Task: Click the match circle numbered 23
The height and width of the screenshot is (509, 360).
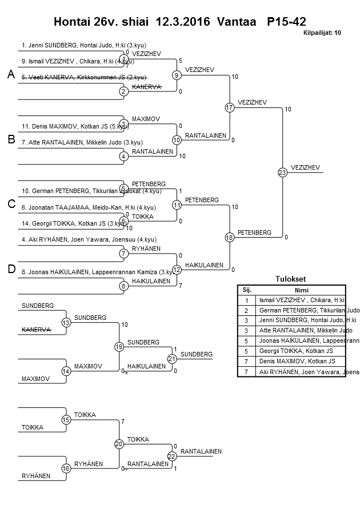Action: tap(282, 172)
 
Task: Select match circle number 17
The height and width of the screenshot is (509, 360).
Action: tap(230, 107)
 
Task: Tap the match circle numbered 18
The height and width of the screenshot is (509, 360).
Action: tap(230, 237)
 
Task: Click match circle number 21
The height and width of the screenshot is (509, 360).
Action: tap(172, 359)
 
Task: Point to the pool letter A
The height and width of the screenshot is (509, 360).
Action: tap(10, 75)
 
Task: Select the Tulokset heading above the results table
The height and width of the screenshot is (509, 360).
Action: tap(291, 279)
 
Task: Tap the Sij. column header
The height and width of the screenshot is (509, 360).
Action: tap(247, 290)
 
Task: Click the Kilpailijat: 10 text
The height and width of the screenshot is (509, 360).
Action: tap(322, 33)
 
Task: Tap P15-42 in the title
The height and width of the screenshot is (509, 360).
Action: tap(286, 22)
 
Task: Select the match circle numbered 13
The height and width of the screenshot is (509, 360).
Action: tap(66, 323)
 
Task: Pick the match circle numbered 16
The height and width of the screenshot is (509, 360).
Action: tap(66, 468)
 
